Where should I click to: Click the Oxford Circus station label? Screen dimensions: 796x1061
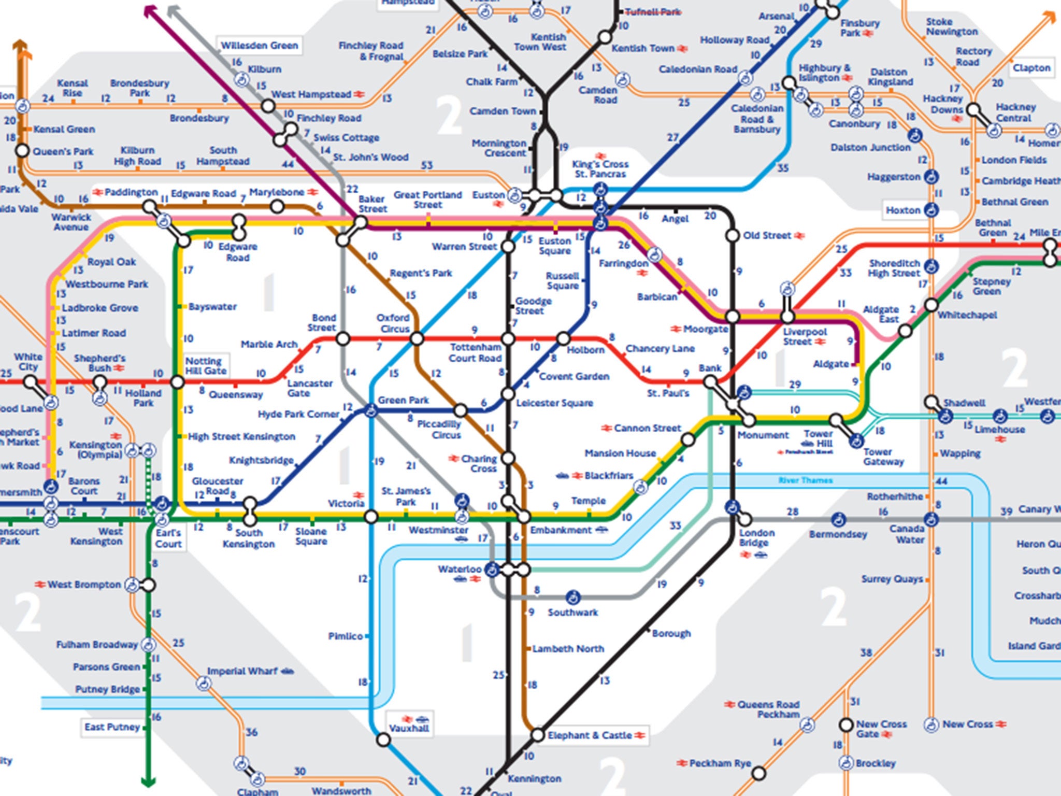[393, 323]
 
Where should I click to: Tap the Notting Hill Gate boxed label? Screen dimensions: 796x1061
[206, 366]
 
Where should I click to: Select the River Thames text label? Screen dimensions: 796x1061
[805, 480]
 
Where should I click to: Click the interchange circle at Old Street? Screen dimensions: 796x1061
[732, 236]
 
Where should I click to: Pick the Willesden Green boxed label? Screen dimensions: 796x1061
[259, 46]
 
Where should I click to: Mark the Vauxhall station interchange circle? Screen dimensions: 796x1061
[383, 740]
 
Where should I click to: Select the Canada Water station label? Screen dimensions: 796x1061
[907, 534]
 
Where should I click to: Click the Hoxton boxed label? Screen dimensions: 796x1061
[902, 210]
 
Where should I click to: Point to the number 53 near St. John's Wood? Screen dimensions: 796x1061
[426, 165]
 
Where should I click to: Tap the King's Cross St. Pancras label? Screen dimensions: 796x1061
[600, 169]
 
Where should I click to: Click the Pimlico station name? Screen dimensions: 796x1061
[345, 636]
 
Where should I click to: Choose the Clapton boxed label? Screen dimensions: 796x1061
[1031, 68]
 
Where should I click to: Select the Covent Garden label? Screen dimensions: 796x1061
[574, 376]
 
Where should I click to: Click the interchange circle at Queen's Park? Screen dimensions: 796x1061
[22, 151]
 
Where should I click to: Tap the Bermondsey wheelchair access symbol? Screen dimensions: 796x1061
[838, 519]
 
